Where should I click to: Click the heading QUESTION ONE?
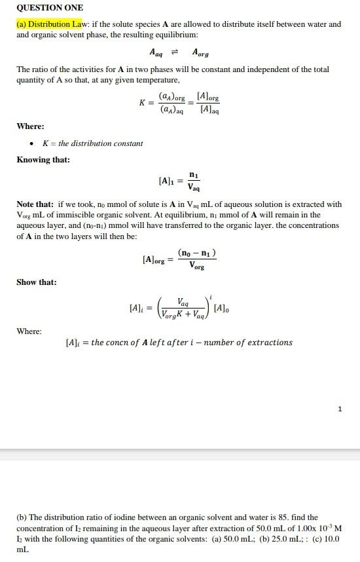coord(50,8)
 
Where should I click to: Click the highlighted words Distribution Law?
coord(56,24)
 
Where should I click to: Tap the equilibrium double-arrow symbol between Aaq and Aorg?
coord(175,52)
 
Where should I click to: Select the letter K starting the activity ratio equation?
coord(142,103)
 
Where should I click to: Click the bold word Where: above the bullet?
coord(30,126)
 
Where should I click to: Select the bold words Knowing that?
coord(43,160)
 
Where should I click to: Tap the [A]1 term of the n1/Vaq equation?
coord(167,180)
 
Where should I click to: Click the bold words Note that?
coord(35,204)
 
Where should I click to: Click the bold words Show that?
coord(37,282)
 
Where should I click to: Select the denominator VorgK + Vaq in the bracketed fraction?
coord(181,314)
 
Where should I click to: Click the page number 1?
coord(340,409)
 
